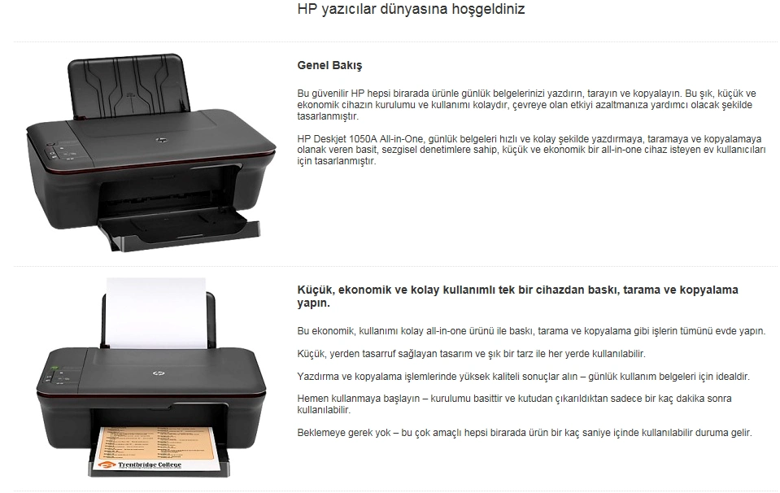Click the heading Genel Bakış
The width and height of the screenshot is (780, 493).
pyautogui.click(x=329, y=65)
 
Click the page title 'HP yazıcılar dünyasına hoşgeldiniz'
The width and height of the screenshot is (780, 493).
pyautogui.click(x=411, y=9)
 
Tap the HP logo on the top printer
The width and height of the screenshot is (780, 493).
pyautogui.click(x=161, y=140)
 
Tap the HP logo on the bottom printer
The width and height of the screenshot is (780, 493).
pyautogui.click(x=158, y=373)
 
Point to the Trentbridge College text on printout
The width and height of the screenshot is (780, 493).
pyautogui.click(x=149, y=465)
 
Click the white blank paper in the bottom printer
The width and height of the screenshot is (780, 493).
pyautogui.click(x=156, y=313)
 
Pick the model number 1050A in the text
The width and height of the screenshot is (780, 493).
pyautogui.click(x=363, y=139)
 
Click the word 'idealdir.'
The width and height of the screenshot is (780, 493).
pyautogui.click(x=734, y=377)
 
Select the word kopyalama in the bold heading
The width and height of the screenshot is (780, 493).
pyautogui.click(x=709, y=290)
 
